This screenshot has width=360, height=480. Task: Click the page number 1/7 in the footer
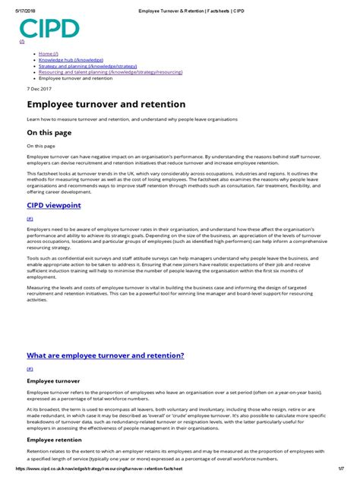(x=346, y=475)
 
